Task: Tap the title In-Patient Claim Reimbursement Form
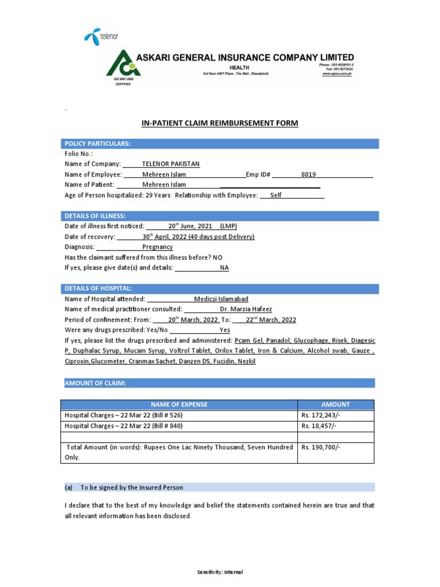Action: [220, 123]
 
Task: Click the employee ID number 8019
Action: [309, 174]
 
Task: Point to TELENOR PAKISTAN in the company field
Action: [171, 164]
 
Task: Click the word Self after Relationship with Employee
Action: [276, 195]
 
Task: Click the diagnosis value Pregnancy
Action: [158, 246]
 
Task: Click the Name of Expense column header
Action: [179, 404]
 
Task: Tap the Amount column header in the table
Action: [336, 404]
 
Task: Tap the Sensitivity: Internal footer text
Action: [220, 572]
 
